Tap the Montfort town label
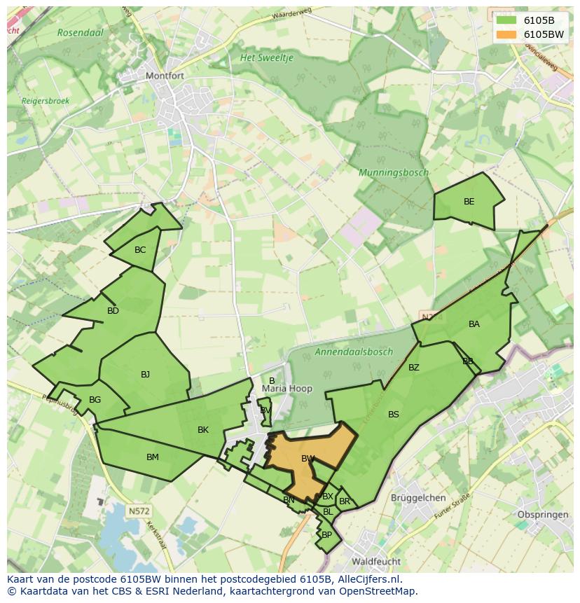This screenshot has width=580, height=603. tap(163, 76)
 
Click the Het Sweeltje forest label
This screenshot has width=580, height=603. tap(267, 57)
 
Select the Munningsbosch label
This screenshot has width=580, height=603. tap(393, 172)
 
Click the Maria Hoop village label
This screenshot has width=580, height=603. tap(287, 389)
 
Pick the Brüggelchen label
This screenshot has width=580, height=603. tap(419, 498)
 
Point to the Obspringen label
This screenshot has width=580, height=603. tap(541, 515)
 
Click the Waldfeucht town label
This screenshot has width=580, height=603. tap(376, 562)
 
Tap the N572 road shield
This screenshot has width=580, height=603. tap(139, 511)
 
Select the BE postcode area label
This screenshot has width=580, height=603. tap(469, 202)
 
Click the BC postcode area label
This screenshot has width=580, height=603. tap(140, 250)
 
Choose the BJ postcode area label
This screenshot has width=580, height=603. tap(145, 375)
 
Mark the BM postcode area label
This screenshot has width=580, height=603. tap(152, 457)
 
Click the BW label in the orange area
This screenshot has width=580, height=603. tap(308, 459)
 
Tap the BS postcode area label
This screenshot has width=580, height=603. tap(393, 415)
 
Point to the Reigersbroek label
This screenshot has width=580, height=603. tap(46, 101)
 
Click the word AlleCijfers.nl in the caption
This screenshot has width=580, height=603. tap(367, 579)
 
